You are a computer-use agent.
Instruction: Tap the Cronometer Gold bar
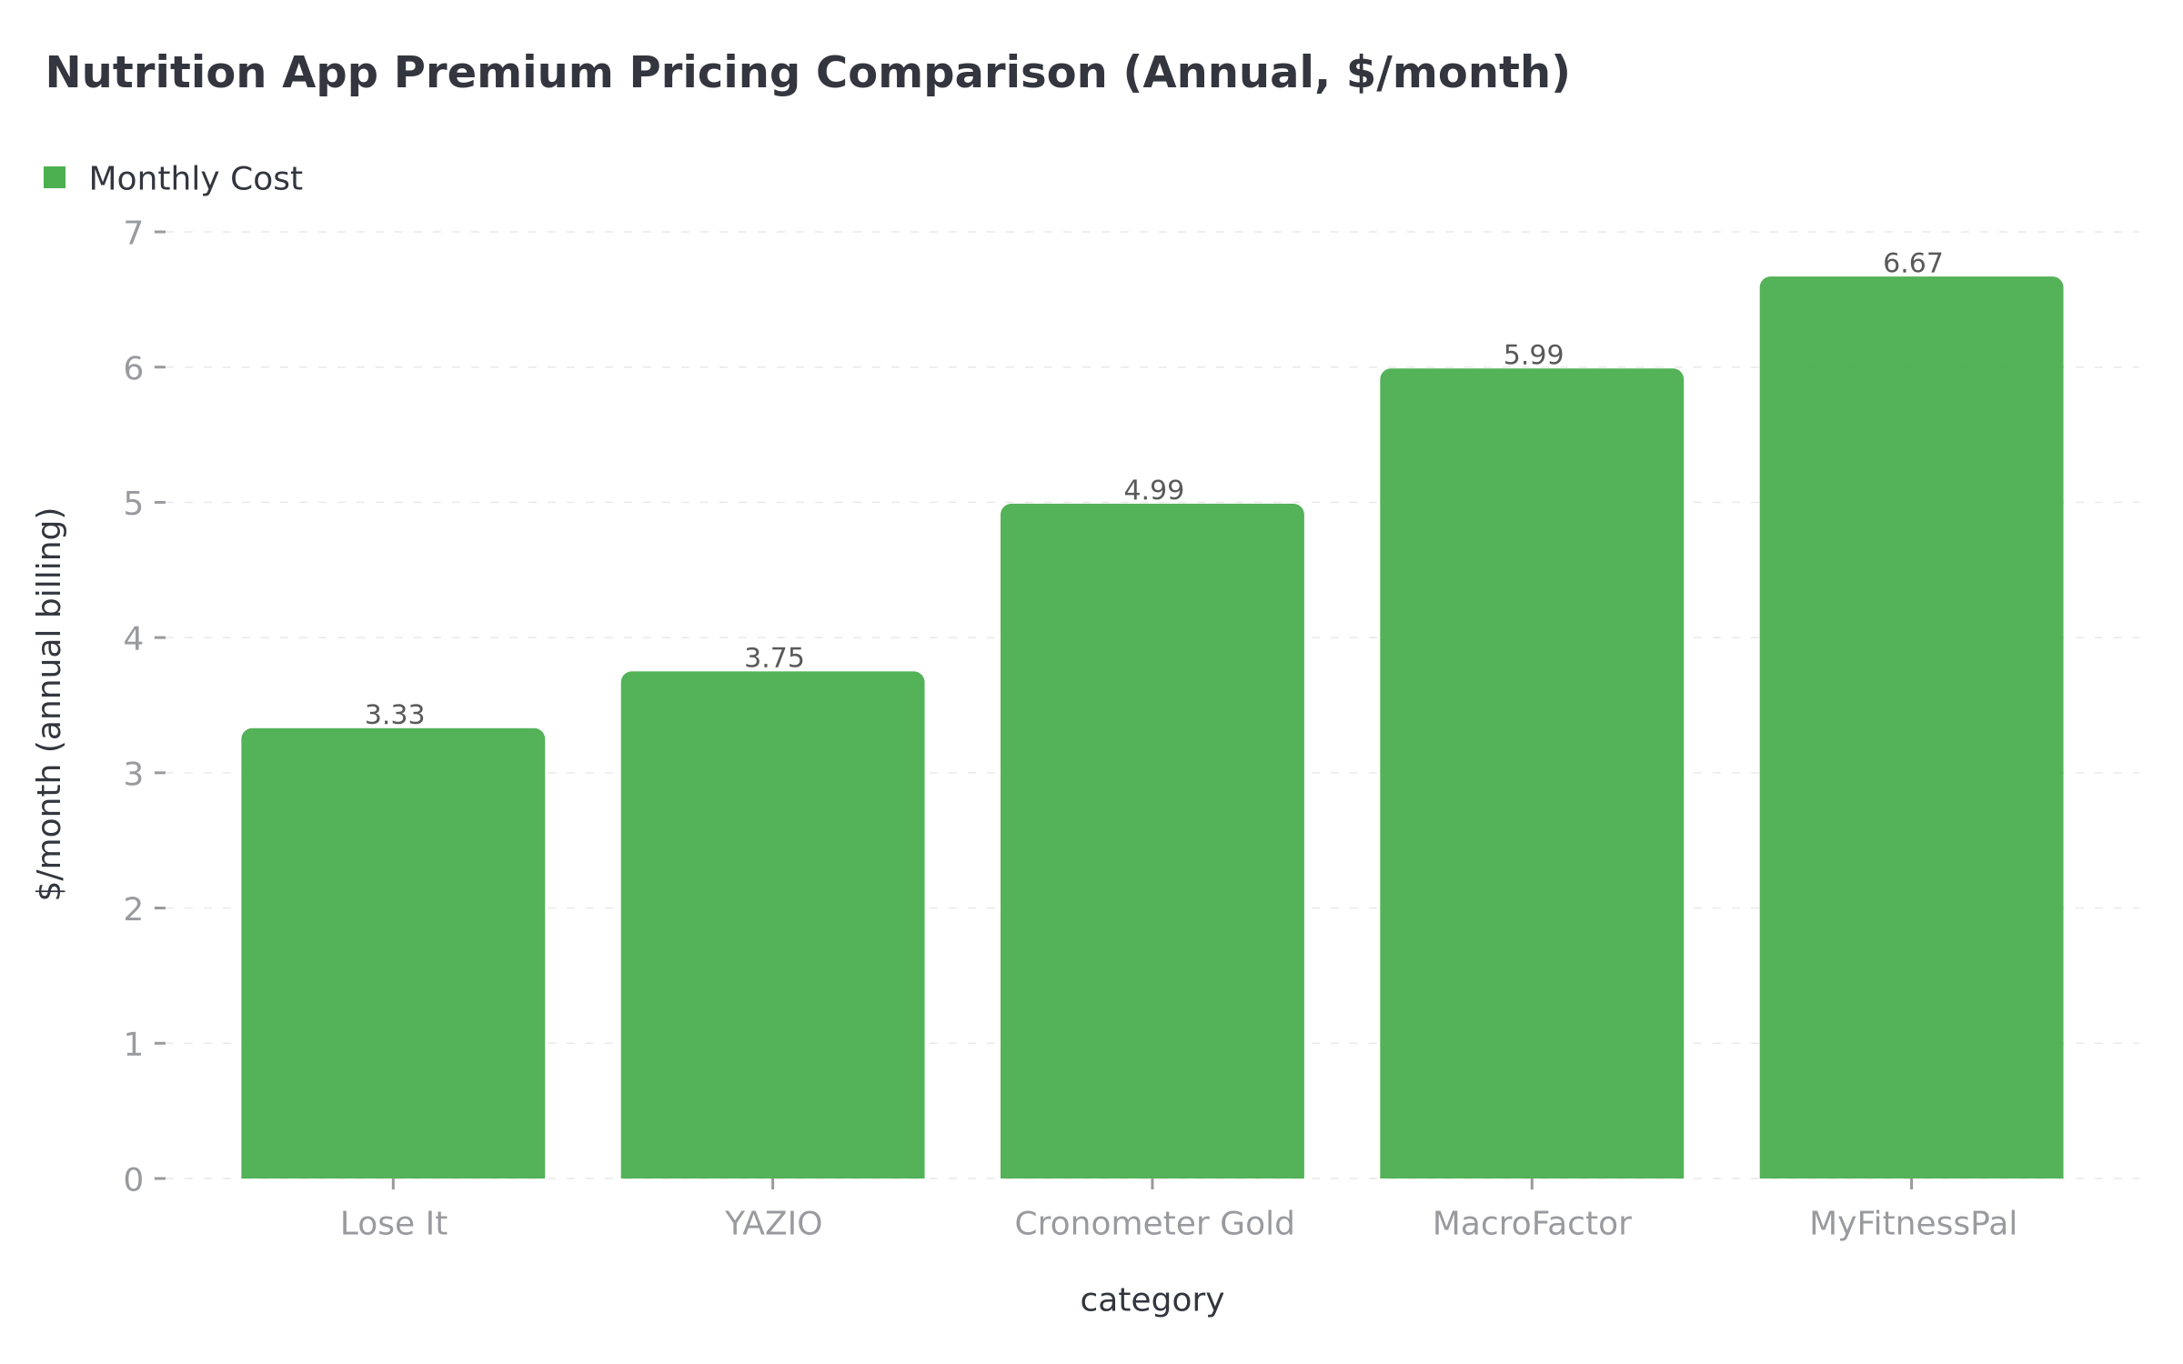[1152, 841]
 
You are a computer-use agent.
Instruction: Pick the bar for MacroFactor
[1531, 773]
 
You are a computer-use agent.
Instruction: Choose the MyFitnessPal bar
[1911, 727]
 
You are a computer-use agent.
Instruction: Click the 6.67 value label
[1912, 264]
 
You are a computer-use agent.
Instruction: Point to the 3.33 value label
[395, 716]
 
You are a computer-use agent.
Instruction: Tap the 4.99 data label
[1153, 491]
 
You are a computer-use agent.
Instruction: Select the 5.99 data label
[1533, 356]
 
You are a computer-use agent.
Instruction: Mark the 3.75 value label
[774, 658]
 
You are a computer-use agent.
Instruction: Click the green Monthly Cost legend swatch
[55, 178]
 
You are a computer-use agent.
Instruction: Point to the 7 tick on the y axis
[134, 234]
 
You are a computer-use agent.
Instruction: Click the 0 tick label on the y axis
[134, 1180]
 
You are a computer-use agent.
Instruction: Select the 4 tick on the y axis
[134, 639]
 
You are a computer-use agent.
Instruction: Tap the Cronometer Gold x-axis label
[1153, 1224]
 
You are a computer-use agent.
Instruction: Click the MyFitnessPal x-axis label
[1912, 1224]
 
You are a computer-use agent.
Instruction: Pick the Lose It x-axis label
[394, 1224]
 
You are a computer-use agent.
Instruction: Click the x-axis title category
[1152, 1300]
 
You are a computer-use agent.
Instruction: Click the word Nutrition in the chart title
[156, 73]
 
